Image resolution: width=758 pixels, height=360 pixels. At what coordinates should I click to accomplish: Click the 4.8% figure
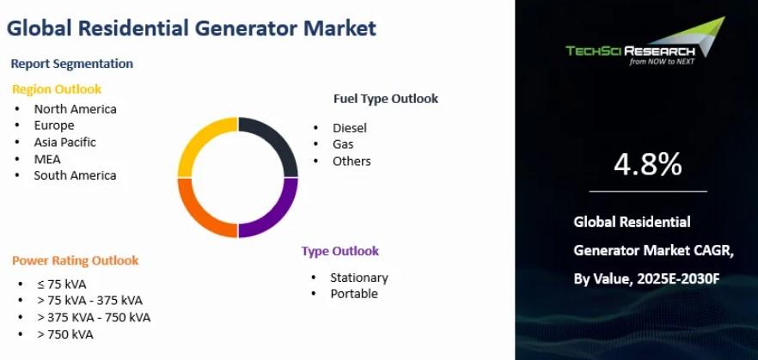tap(648, 164)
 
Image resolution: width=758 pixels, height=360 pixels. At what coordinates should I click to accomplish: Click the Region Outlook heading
tap(57, 89)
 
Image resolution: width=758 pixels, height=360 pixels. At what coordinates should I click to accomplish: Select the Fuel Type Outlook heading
tap(386, 99)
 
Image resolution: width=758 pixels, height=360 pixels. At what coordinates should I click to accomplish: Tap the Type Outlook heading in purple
tap(340, 251)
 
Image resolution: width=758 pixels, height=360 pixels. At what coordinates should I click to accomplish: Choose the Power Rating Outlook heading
tap(76, 260)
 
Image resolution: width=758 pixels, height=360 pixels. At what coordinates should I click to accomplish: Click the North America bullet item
tap(75, 109)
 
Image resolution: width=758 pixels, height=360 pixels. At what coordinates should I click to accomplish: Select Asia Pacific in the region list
tap(64, 143)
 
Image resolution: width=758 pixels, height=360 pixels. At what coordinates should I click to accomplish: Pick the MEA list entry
tap(47, 158)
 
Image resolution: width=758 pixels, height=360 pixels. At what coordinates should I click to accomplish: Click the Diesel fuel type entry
tap(350, 128)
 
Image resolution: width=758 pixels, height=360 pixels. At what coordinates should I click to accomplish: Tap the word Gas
tap(343, 144)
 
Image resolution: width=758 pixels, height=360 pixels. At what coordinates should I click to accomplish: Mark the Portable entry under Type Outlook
tap(354, 294)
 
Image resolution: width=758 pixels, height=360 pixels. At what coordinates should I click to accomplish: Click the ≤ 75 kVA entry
tap(61, 284)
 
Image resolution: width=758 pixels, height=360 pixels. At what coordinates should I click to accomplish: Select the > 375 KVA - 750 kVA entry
tap(94, 318)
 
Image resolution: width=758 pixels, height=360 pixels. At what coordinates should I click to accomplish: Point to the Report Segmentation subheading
tap(71, 64)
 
